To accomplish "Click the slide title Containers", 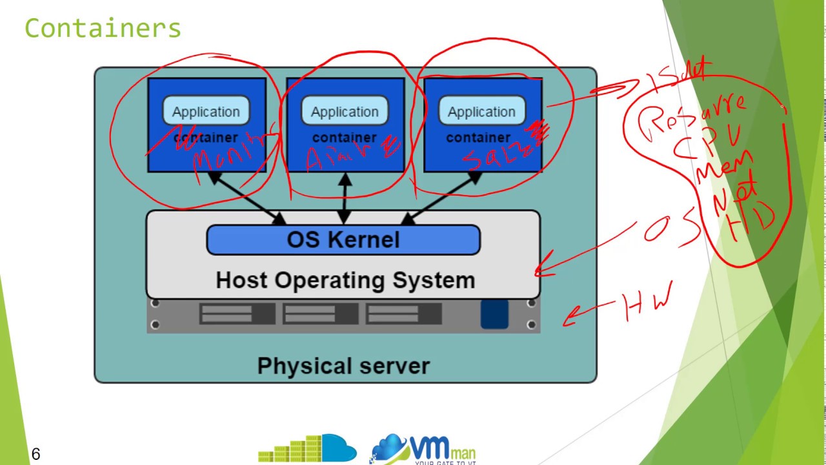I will [x=103, y=29].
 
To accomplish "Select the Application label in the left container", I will [x=206, y=112].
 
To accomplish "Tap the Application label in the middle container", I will [x=345, y=112].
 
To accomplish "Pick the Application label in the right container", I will [x=481, y=112].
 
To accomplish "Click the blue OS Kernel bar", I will [x=343, y=240].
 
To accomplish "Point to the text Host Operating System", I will [x=345, y=280].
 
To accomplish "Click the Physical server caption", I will [x=343, y=366].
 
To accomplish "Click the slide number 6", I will [x=35, y=455].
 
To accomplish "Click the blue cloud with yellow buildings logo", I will [x=308, y=448].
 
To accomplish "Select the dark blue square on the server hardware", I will [x=494, y=315].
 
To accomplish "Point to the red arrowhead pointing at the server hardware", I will [x=568, y=318].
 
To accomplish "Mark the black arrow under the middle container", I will [x=345, y=197].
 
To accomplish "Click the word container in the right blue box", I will [x=478, y=138].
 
